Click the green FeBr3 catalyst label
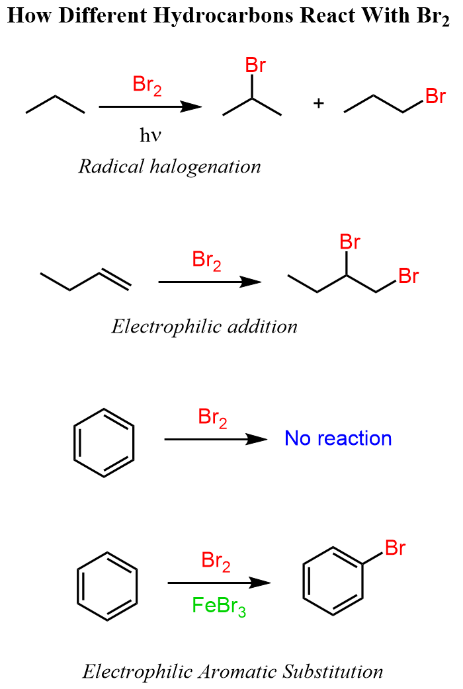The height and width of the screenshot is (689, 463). click(219, 606)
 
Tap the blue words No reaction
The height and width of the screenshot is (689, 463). click(338, 438)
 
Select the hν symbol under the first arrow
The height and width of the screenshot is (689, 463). click(151, 136)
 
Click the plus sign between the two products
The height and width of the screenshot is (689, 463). click(319, 104)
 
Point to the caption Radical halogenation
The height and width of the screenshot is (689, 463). click(170, 166)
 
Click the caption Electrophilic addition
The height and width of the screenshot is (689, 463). click(204, 326)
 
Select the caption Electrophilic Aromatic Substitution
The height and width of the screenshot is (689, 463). click(233, 672)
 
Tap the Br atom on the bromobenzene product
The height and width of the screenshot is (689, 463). click(395, 548)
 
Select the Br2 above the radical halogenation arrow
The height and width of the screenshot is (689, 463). click(147, 85)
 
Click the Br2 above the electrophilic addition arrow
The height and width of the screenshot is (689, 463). click(207, 261)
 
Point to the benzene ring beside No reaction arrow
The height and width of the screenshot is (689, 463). click(103, 442)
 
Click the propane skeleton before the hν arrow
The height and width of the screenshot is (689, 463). click(56, 104)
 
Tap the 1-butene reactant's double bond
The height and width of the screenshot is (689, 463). click(115, 280)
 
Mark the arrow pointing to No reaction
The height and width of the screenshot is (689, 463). click(214, 439)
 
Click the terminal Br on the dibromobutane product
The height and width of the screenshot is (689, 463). click(409, 276)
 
